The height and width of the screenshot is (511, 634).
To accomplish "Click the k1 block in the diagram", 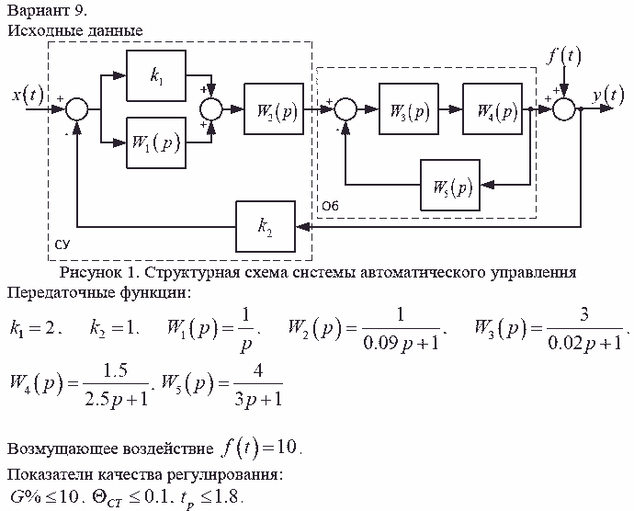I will click(x=156, y=78).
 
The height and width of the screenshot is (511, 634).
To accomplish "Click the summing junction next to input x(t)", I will click(x=78, y=109).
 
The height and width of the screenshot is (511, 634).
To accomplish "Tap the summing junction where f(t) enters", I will click(x=564, y=109).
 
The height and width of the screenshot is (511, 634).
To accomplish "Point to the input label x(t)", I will click(x=28, y=95).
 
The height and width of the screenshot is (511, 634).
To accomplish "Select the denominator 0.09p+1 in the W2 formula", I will click(x=398, y=344).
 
